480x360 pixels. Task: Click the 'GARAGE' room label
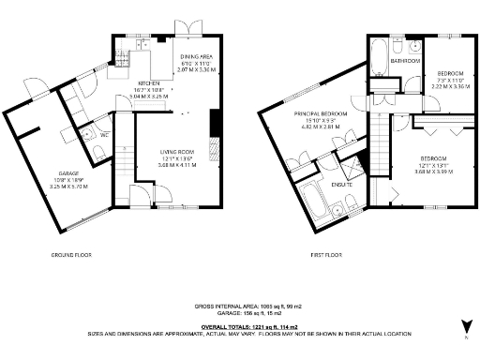click(69, 173)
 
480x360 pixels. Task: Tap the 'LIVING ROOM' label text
click(176, 151)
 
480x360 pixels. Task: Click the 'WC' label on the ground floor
click(105, 134)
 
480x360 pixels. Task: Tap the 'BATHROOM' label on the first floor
click(406, 61)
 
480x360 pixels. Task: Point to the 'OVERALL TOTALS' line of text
click(240, 324)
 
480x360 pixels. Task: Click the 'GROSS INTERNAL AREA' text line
click(240, 307)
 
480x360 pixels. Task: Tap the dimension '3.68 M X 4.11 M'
click(176, 164)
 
